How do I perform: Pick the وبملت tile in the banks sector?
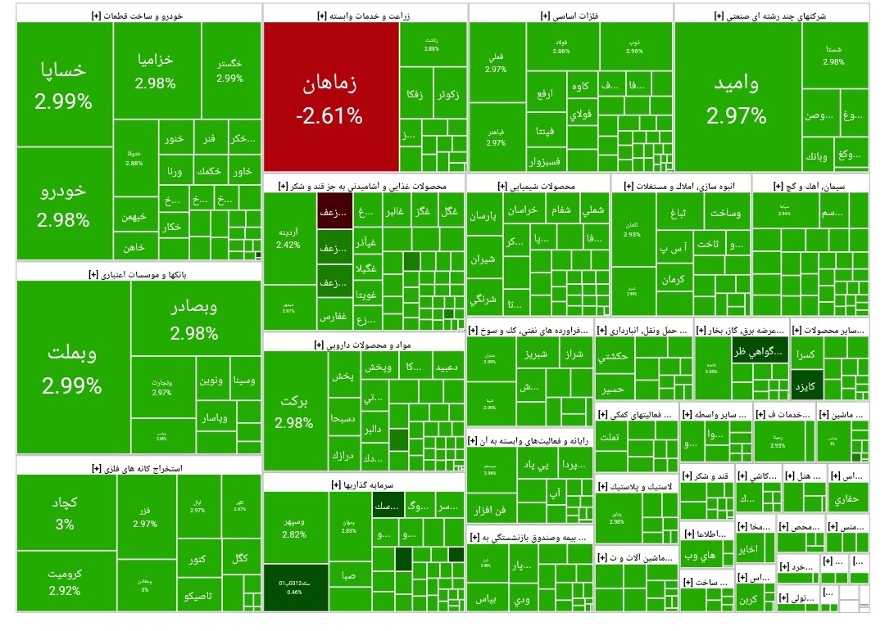click(72, 368)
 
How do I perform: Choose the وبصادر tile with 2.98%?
click(194, 319)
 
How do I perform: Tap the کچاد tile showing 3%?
click(65, 512)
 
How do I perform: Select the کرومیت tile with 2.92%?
click(65, 582)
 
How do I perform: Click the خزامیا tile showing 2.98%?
click(156, 70)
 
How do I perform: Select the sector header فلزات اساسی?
click(569, 16)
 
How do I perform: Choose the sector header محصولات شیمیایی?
click(537, 186)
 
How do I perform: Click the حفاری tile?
click(846, 498)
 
